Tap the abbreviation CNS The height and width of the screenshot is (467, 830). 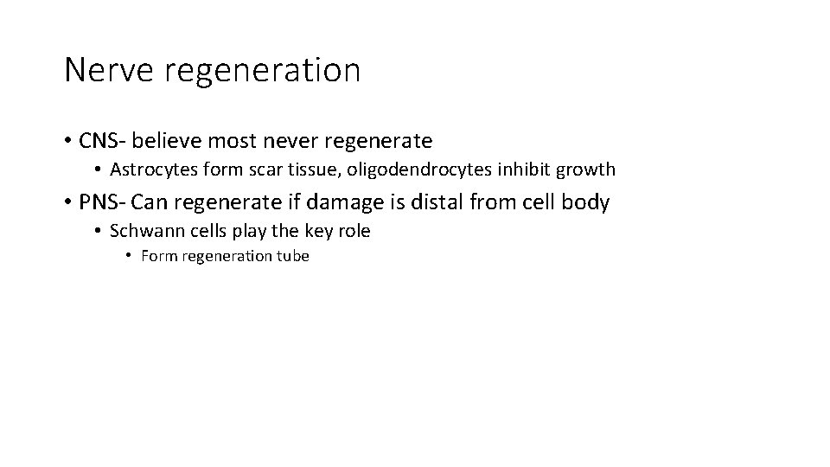pos(98,139)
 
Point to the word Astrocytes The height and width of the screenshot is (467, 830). pos(152,170)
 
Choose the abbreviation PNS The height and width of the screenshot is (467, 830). pos(98,202)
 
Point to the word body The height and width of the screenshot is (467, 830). pos(588,203)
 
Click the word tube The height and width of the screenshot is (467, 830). pos(291,256)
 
